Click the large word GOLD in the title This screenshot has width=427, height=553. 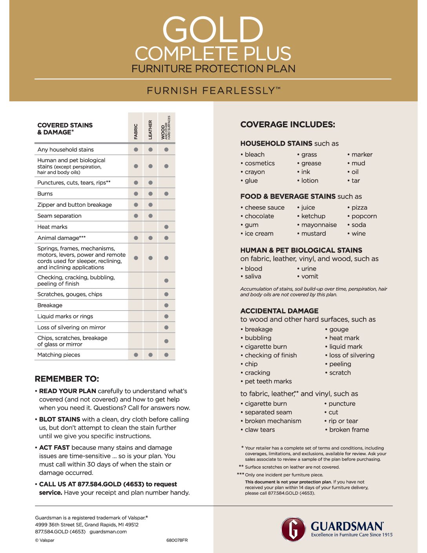coord(213,30)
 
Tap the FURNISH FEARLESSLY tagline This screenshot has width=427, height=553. coord(213,91)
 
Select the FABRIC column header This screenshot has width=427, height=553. coord(136,132)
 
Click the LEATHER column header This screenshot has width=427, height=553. coord(150,130)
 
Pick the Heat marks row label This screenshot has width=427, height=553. coord(52,227)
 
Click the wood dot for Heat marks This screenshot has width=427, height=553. coord(166,227)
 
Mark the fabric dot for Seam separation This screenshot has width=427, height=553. coord(136,216)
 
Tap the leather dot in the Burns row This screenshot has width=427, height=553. coord(151,194)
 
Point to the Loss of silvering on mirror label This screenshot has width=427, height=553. coord(71,328)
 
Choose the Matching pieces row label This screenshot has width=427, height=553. coord(58,355)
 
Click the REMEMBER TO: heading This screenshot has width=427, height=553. coord(67,379)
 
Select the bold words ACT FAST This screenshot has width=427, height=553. coord(54,448)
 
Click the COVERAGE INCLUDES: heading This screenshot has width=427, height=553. coord(288,125)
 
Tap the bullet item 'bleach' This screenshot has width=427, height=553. coord(254,155)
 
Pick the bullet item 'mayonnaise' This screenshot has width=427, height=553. coord(319,225)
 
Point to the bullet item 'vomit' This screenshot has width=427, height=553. coord(310,276)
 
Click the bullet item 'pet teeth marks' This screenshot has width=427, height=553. coord(268,381)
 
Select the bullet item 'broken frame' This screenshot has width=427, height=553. coord(349,430)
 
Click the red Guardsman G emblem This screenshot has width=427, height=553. coord(293,529)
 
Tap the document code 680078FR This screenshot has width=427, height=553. coord(177,540)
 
